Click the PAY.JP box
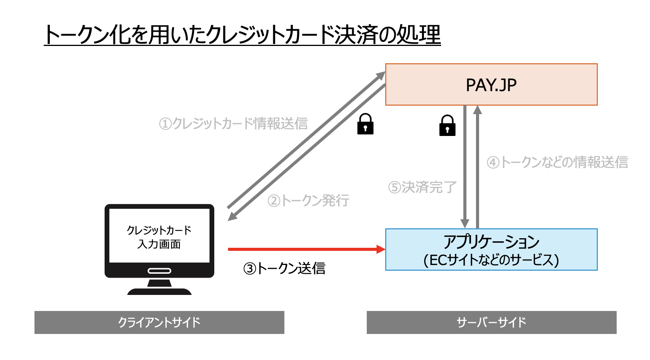[491, 85]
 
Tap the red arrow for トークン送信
[303, 249]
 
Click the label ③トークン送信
[284, 268]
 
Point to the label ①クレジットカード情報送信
[233, 124]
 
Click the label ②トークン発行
[309, 201]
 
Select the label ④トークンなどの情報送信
[557, 162]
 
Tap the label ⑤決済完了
[422, 187]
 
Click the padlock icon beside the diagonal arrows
[365, 124]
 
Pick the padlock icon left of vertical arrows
[447, 126]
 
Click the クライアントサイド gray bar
[159, 322]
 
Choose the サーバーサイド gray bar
[491, 322]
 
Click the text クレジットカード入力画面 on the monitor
[159, 237]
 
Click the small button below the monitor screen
[159, 271]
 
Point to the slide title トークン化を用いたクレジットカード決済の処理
[242, 35]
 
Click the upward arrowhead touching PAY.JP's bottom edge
[477, 110]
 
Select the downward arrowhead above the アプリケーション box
[465, 224]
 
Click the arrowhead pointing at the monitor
[231, 217]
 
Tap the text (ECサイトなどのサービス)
[491, 260]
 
